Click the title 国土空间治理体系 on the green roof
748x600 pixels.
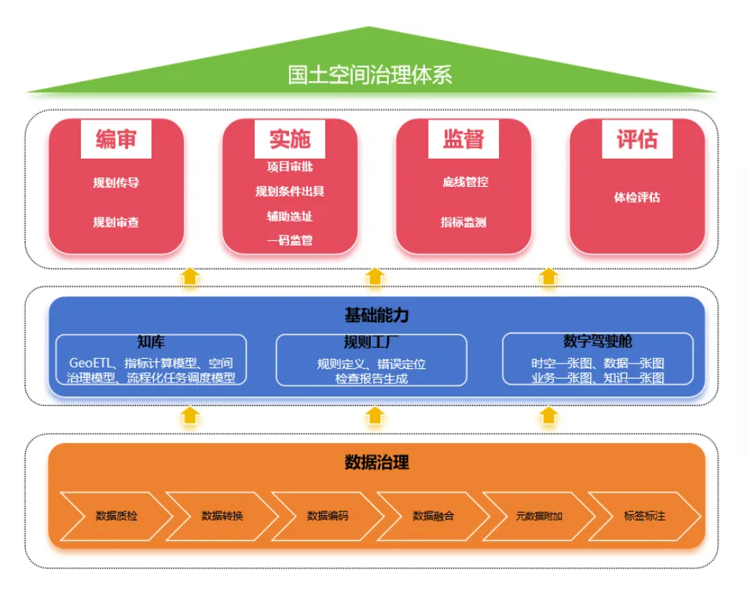369,75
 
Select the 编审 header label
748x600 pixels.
115,140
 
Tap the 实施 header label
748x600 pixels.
289,140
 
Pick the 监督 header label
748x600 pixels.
463,140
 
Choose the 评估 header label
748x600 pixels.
636,140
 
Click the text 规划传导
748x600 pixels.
115,183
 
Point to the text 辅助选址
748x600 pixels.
289,216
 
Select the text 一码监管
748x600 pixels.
289,240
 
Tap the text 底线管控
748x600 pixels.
464,182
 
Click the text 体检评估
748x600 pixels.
636,197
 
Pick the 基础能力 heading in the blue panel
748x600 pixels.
376,316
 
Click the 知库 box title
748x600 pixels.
150,342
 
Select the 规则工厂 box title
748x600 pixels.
371,342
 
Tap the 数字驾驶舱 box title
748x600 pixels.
597,342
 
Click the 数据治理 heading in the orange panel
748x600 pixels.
376,462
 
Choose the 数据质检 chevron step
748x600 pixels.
115,516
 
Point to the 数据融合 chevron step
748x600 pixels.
433,516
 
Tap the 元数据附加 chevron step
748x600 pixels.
539,516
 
